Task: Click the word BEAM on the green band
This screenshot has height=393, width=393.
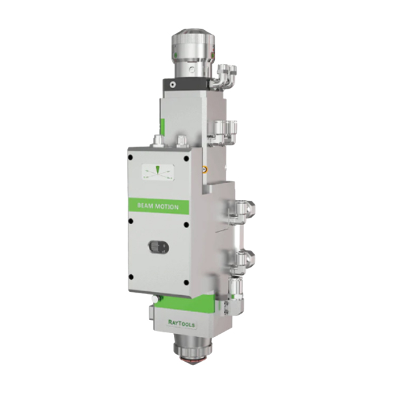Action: (145, 205)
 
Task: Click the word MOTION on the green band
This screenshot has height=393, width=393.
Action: (167, 207)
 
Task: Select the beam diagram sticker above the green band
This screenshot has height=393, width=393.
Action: (158, 172)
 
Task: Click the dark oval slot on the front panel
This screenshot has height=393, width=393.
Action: (158, 248)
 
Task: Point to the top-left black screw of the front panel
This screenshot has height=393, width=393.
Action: (130, 158)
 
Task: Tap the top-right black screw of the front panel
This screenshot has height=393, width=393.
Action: (186, 158)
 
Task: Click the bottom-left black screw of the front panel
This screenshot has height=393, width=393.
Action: (130, 277)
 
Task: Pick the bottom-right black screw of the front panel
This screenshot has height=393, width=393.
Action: (186, 282)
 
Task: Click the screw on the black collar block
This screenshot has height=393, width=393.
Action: (171, 85)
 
